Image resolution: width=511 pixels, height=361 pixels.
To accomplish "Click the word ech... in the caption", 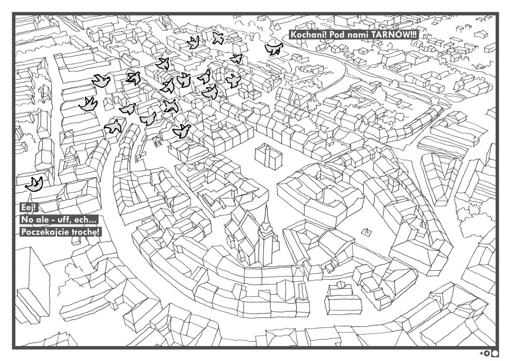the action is pos(85,220).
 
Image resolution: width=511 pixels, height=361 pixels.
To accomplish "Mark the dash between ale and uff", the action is pos(51,221).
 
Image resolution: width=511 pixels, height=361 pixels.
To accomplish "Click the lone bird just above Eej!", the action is pos(34,184).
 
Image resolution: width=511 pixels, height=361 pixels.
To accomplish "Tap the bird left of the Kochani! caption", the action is pos(274,49).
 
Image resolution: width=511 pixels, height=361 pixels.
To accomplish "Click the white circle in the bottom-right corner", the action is pos(495,353).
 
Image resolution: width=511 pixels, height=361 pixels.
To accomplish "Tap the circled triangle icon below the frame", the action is pos(487,353).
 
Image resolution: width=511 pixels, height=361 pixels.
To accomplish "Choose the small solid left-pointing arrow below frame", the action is pos(481,353).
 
